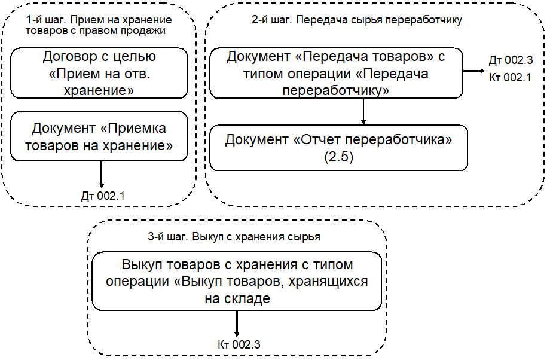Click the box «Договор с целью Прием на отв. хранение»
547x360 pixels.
(99, 73)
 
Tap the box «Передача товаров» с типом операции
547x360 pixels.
(336, 73)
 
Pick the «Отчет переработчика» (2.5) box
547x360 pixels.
(338, 147)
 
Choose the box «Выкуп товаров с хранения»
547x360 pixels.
(237, 281)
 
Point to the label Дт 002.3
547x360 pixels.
(510, 61)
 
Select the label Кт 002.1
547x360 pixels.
(510, 77)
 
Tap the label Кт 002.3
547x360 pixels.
(239, 345)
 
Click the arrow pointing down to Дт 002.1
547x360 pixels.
(102, 175)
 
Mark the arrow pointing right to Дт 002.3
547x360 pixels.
(475, 71)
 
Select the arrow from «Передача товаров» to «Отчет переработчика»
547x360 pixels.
(363, 111)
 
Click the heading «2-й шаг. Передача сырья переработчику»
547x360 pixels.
(357, 19)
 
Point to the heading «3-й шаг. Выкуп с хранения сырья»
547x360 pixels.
(234, 236)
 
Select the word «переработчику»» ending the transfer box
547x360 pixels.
(336, 90)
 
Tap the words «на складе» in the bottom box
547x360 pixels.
(237, 298)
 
